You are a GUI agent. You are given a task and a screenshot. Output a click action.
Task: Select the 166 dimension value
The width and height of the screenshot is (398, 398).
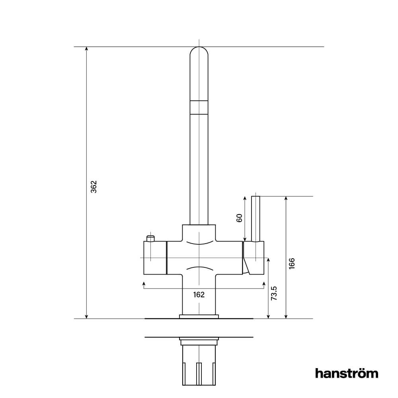[x=292, y=263]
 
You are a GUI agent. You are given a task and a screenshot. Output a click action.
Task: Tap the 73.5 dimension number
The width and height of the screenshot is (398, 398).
[x=274, y=293]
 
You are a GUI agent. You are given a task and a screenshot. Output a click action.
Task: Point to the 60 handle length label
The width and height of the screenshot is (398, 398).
[x=240, y=218]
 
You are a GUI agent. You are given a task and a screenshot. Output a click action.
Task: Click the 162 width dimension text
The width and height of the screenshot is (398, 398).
[x=199, y=295]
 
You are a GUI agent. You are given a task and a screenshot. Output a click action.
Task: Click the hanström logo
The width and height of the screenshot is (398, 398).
[x=346, y=373]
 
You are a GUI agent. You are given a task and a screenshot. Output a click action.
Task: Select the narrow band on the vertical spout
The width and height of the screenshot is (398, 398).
[x=199, y=107]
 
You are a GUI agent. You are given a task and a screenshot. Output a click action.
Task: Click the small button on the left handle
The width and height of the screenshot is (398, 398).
[x=150, y=238]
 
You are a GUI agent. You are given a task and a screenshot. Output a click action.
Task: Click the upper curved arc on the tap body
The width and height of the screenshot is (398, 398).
[x=199, y=243]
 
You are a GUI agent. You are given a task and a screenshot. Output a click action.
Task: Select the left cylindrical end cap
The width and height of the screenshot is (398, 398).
[x=154, y=258]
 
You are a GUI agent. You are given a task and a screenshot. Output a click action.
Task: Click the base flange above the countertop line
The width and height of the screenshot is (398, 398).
[x=199, y=316]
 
